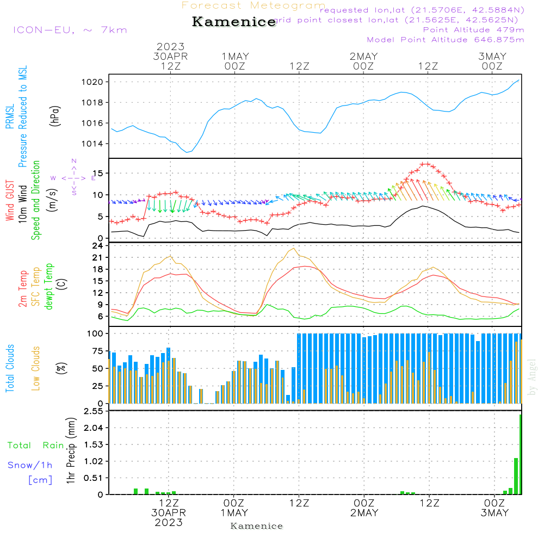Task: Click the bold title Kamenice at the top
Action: coord(234,22)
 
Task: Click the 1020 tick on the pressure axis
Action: coord(96,82)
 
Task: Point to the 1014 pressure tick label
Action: coord(96,144)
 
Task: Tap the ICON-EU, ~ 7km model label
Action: coord(70,30)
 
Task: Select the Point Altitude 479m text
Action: coord(473,30)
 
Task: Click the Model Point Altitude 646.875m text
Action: coord(446,40)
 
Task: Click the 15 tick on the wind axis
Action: coord(100,174)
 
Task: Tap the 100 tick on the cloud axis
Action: coord(97,333)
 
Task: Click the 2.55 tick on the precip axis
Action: coord(94,411)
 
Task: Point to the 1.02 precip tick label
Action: coord(94,461)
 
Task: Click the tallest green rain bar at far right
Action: coord(521,454)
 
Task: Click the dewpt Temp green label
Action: coord(48,287)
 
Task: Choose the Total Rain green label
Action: coord(35,446)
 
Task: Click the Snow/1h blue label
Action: coord(30,466)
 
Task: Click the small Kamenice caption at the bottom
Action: coord(257,526)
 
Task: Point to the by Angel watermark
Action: coord(532,377)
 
